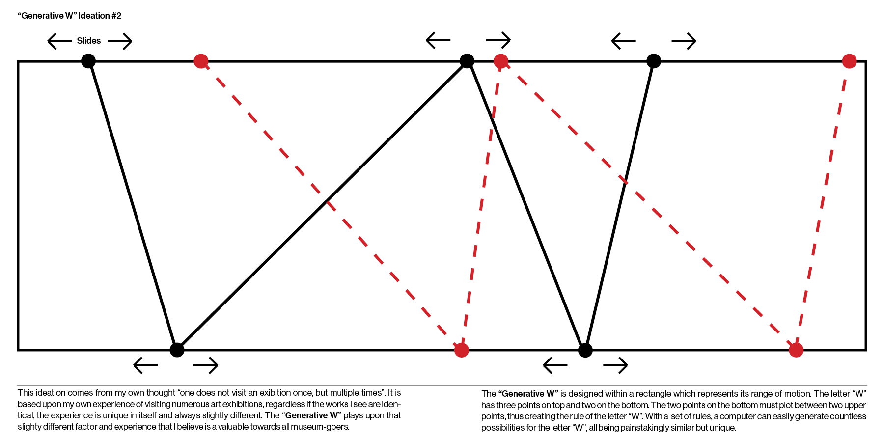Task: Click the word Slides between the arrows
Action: pos(88,41)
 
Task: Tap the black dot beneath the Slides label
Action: pos(88,61)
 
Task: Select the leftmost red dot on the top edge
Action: pos(201,61)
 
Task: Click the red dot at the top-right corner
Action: pos(849,61)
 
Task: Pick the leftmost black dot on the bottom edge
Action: pos(177,350)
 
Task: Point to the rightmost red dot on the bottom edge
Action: pos(796,350)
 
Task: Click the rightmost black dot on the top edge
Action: pos(654,61)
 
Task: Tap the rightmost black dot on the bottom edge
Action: pos(585,350)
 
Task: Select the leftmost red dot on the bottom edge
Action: pos(461,350)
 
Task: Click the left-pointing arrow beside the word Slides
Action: pos(59,41)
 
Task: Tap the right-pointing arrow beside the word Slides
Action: pos(120,41)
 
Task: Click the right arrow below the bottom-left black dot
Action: pos(206,365)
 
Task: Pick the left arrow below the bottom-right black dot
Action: pos(555,365)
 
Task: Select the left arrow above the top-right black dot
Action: pos(624,41)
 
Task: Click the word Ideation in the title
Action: pos(94,16)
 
